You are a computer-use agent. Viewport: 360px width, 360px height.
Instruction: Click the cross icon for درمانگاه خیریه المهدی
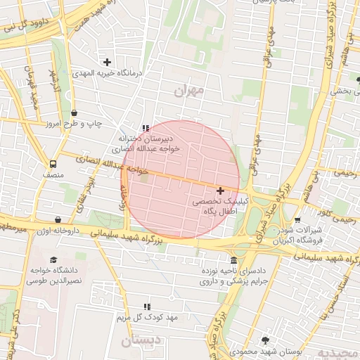[108, 63]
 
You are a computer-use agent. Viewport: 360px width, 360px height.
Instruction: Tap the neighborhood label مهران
[187, 91]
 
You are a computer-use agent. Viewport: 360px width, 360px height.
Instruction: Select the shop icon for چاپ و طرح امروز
[75, 112]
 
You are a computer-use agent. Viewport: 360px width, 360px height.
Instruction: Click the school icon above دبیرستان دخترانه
[146, 128]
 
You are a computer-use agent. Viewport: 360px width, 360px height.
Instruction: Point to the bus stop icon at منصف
[51, 161]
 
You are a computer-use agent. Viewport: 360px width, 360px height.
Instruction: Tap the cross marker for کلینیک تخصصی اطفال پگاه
[221, 191]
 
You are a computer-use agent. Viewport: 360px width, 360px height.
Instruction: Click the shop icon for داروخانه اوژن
[67, 219]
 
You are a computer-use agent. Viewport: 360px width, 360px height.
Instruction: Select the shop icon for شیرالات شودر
[297, 219]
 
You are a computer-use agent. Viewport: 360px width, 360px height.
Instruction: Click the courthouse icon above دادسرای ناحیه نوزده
[233, 259]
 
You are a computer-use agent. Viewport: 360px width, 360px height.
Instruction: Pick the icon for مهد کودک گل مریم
[146, 307]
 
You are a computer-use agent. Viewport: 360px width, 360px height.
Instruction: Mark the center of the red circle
[181, 179]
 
